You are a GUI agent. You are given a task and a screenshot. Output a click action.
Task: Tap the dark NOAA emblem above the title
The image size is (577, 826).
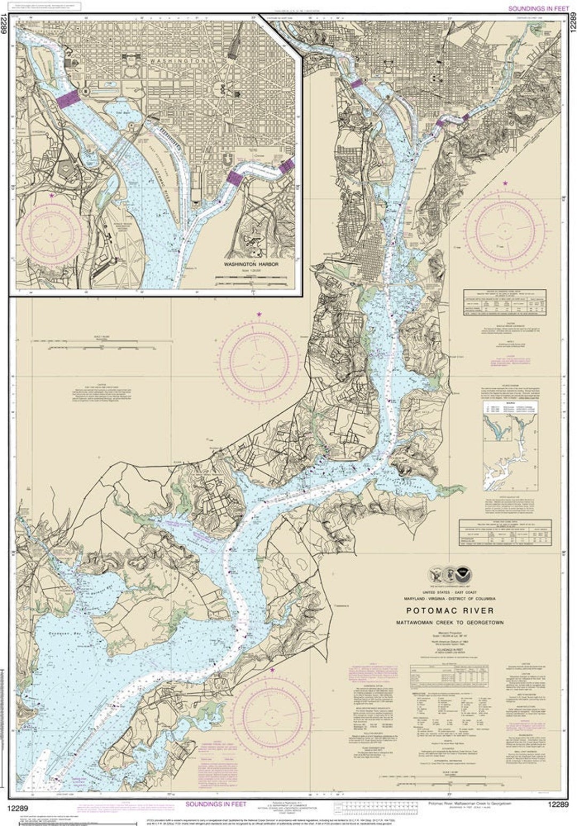coord(465,575)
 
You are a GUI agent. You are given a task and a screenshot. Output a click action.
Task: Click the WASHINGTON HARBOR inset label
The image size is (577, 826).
coord(248,264)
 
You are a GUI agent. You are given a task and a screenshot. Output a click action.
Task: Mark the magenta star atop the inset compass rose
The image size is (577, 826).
coord(52,196)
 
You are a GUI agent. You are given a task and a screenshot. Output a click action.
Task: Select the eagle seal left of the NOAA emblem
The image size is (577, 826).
coord(436,575)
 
